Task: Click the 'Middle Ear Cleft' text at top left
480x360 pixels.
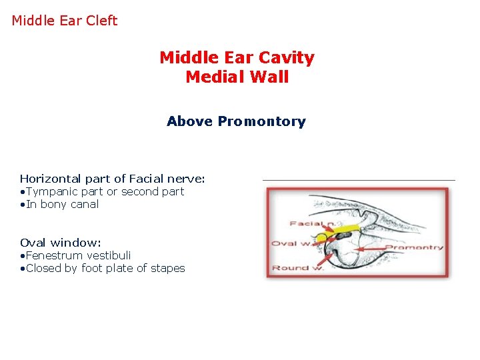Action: click(x=64, y=21)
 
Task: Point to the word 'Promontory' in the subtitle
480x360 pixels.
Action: click(x=262, y=122)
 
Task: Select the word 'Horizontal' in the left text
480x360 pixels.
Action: click(x=50, y=179)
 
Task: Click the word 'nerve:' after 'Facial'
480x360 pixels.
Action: click(x=186, y=179)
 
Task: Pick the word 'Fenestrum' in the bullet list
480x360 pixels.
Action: click(x=55, y=255)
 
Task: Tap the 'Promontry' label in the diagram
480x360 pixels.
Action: click(x=414, y=247)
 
